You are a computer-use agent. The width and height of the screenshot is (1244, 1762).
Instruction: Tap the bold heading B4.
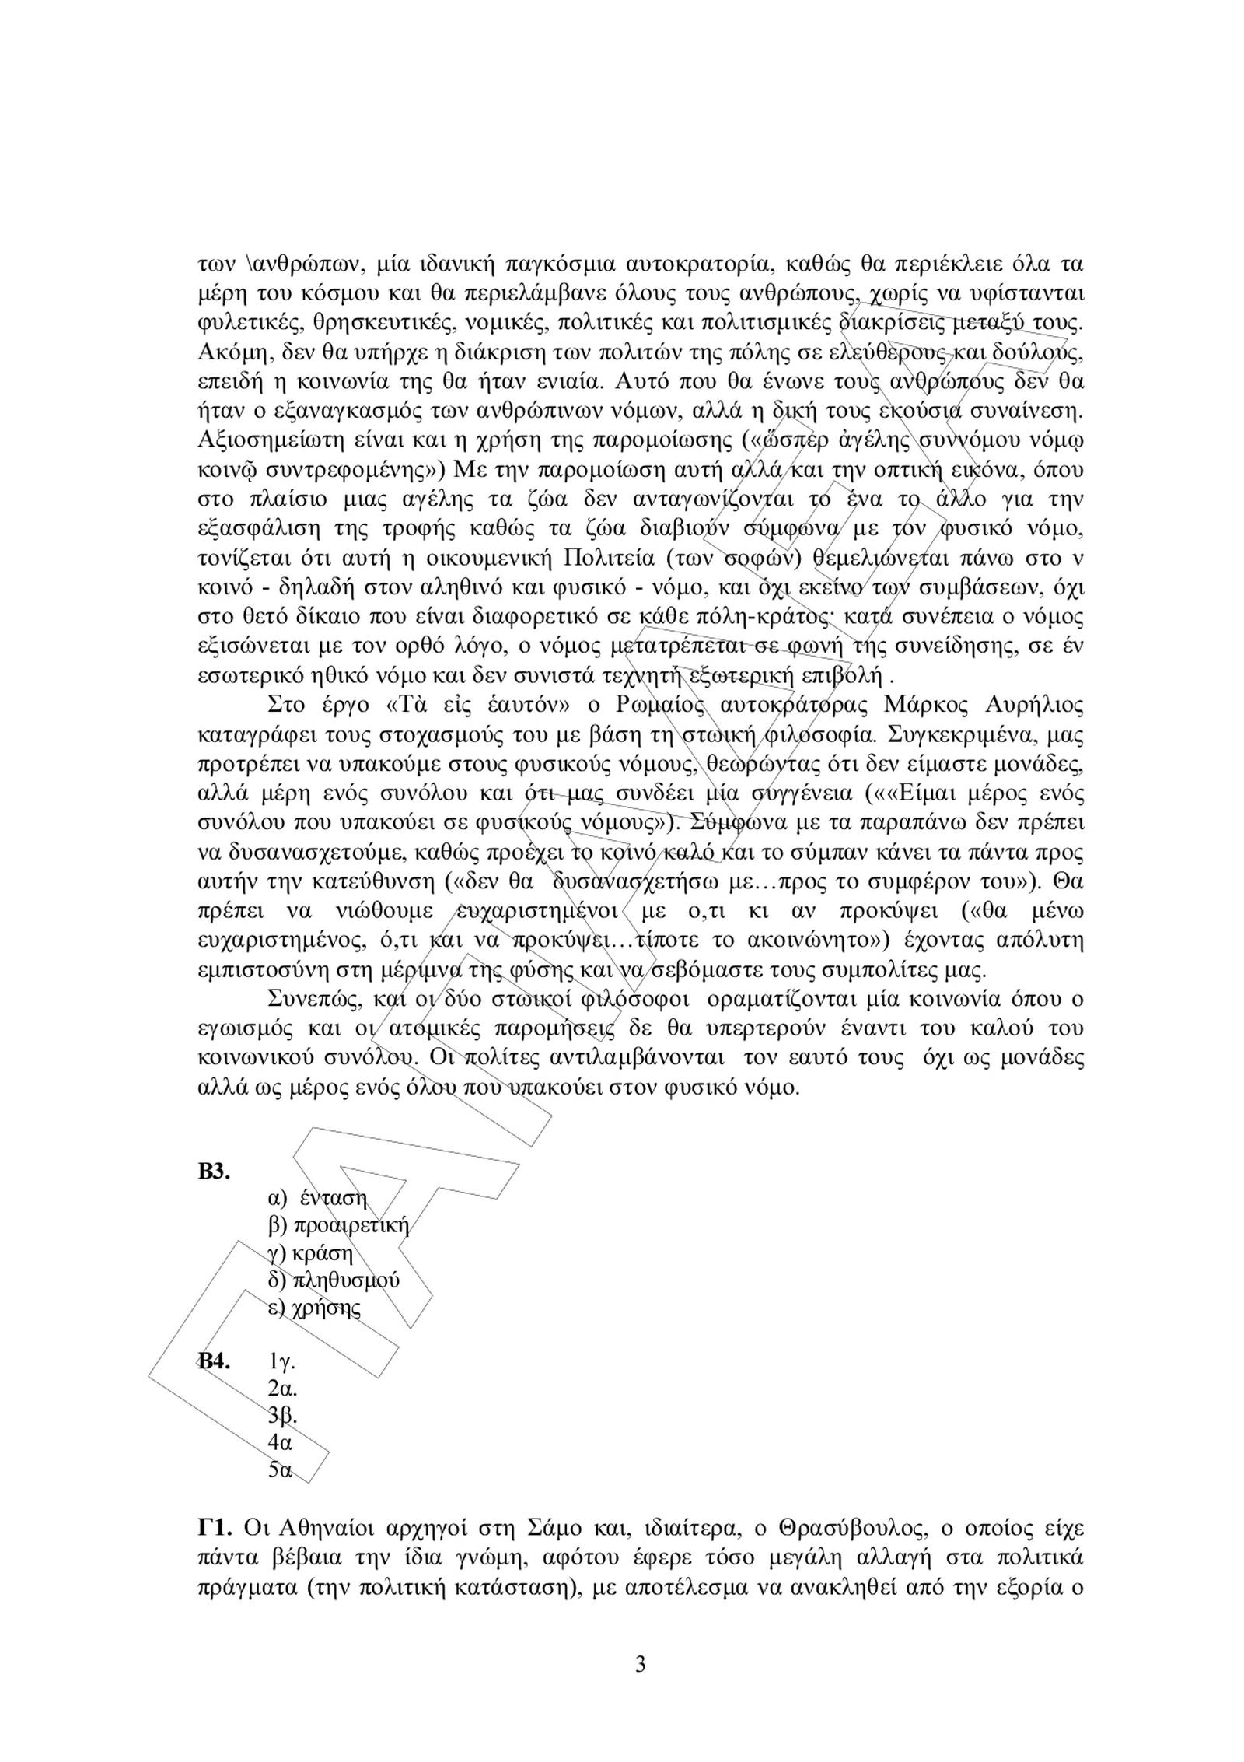point(215,1382)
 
